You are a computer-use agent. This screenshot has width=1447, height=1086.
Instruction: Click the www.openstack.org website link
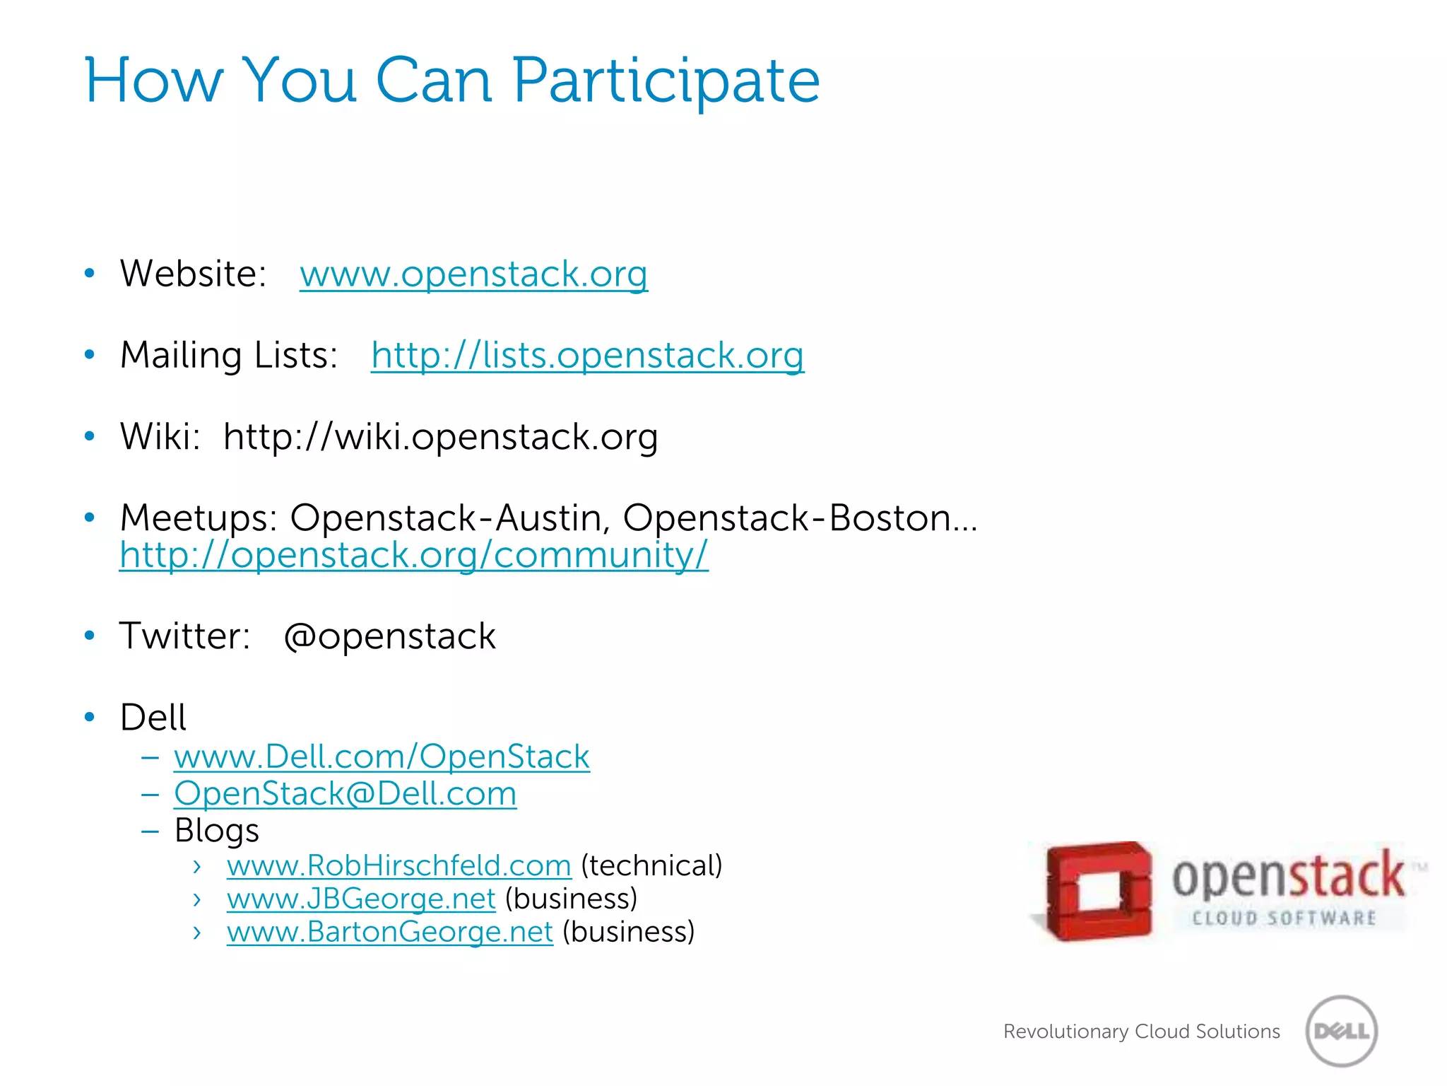473,274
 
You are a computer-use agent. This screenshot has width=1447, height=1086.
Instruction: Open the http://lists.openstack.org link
587,356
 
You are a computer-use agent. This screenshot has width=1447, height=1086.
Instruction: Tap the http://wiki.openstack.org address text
440,437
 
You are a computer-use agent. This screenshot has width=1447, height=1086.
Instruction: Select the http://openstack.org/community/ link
413,555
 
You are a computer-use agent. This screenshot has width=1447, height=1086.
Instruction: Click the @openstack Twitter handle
389,636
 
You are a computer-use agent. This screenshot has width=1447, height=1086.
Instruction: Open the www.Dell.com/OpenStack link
382,757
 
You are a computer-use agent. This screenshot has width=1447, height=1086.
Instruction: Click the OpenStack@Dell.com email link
345,794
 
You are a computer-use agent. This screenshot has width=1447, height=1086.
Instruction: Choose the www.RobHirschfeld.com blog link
398,866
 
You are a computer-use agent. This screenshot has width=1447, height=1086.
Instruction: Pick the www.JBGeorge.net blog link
361,899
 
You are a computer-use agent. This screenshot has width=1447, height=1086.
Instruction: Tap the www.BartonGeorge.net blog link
389,933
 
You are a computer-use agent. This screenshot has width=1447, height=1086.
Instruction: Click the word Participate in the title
666,81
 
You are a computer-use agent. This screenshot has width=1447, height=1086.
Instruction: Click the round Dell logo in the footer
1342,1031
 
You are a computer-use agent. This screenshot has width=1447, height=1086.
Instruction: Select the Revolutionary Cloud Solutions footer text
1141,1032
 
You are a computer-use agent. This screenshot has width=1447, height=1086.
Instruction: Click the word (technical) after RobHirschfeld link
651,866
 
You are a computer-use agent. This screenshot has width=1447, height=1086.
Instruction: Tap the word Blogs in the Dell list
216,831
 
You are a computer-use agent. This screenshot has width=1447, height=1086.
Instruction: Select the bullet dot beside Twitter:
90,636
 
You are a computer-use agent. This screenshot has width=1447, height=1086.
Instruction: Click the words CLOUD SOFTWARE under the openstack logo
1284,918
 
